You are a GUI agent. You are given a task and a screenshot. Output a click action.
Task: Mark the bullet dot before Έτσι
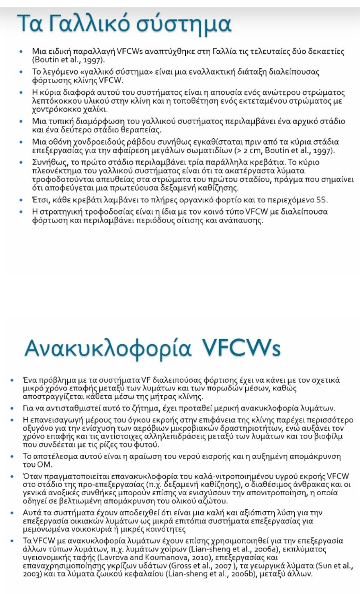(21, 200)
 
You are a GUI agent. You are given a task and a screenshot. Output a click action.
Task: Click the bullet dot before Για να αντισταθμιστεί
(12, 408)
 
